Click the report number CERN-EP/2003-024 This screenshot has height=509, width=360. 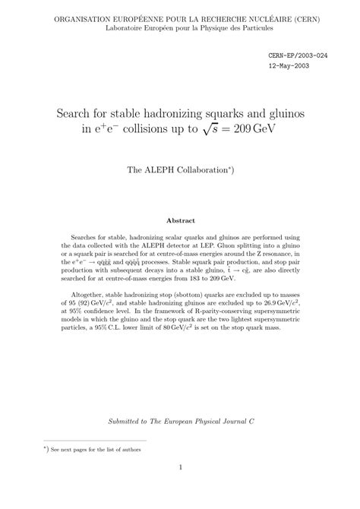[298, 55]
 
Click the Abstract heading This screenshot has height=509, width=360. [180, 220]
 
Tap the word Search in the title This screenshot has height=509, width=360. [78, 114]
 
